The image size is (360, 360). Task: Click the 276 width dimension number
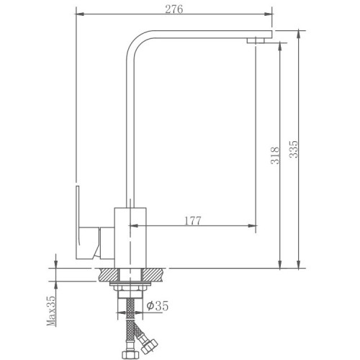(x=174, y=9)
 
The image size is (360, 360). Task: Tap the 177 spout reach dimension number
(x=193, y=220)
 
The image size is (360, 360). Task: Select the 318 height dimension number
(x=275, y=156)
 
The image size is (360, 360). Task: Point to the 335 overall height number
(x=293, y=149)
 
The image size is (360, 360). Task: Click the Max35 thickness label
(x=51, y=310)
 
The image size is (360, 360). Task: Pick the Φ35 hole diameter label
(x=158, y=305)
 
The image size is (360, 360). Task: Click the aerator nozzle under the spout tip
(x=256, y=40)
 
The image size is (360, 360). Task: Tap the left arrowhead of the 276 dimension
(x=80, y=14)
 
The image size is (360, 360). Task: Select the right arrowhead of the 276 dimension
(x=268, y=14)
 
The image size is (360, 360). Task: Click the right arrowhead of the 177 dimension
(x=252, y=225)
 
